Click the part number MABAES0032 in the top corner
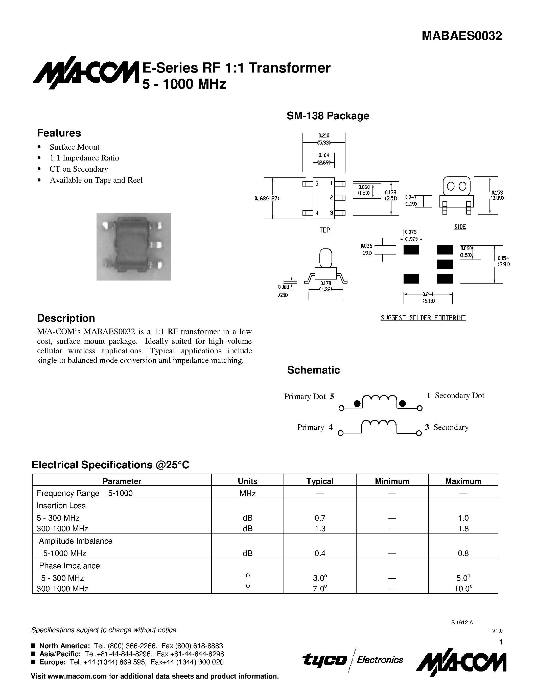coord(462,36)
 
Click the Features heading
coord(59,133)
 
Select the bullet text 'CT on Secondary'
coord(79,169)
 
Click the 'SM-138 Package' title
coord(328,116)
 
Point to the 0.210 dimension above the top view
coord(324,135)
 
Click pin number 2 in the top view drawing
coord(331,198)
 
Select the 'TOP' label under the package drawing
coord(324,230)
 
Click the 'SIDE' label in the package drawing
coord(460,227)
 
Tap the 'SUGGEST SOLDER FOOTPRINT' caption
coord(423,318)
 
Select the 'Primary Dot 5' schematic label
coord(309,397)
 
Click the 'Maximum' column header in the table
coord(463,481)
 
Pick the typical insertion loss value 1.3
coord(320,528)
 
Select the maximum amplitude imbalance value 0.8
coord(463,553)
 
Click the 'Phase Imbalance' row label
coord(69,566)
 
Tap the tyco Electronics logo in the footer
coord(353,660)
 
